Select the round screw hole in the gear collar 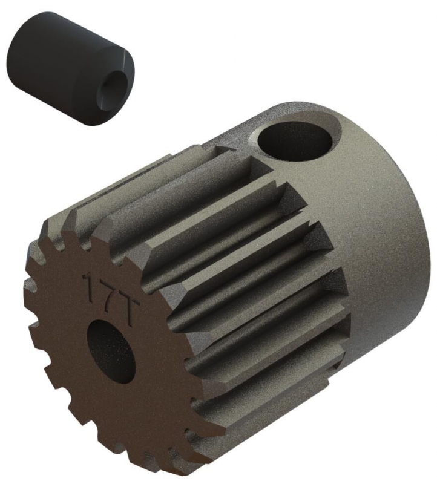[295, 143]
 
